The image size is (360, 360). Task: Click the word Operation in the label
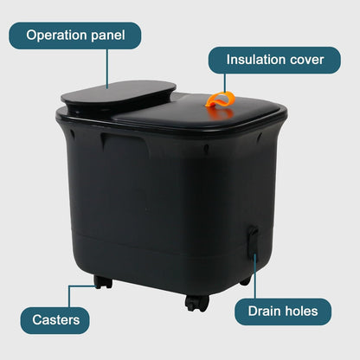[57, 35]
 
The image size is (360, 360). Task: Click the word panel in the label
[108, 35]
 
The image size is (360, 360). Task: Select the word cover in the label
[307, 60]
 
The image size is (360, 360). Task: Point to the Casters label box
[55, 320]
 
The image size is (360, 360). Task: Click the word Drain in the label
[264, 312]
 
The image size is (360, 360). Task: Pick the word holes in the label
[301, 312]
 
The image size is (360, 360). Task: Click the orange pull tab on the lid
[221, 100]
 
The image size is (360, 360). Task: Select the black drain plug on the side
[253, 241]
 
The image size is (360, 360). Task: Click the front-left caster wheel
[103, 282]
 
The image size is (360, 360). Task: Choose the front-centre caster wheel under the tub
[197, 303]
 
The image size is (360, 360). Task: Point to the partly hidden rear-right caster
[246, 280]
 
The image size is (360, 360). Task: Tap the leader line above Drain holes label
[255, 276]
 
